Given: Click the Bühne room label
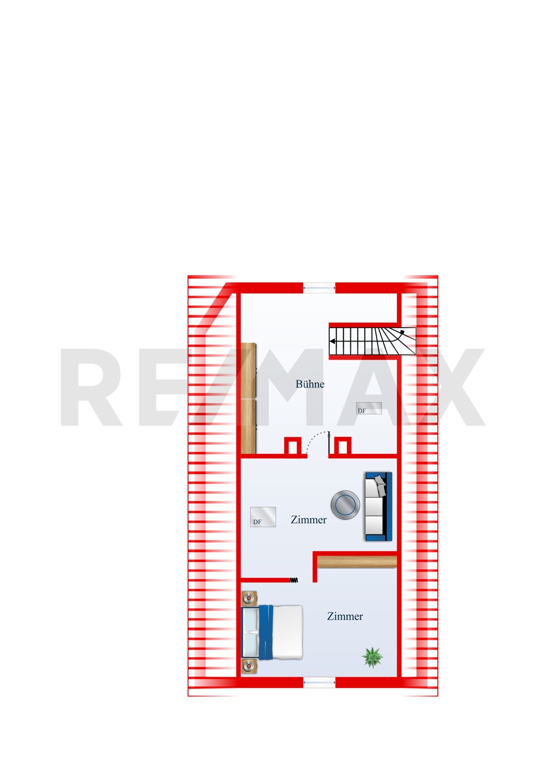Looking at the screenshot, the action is (310, 384).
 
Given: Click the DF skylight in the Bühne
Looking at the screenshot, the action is (369, 408).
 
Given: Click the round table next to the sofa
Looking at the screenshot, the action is (345, 505).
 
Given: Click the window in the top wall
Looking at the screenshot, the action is (319, 288).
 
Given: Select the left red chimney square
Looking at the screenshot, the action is (293, 447).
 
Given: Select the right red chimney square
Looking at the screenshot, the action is (343, 447).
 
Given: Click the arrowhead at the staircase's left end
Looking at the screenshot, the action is (332, 342).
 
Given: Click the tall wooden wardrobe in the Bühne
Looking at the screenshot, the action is (249, 398).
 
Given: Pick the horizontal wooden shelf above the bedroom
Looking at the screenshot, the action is (357, 562).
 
